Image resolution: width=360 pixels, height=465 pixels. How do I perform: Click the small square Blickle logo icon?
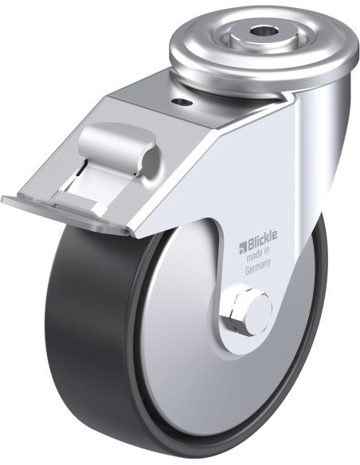tap(243, 248)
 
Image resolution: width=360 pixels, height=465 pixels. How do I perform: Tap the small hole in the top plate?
tap(182, 103)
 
